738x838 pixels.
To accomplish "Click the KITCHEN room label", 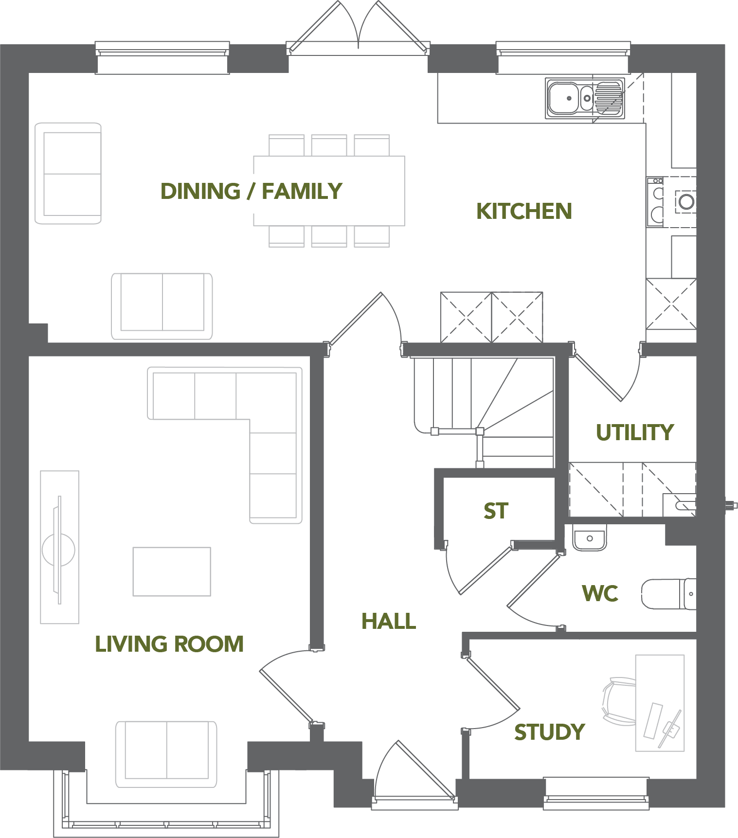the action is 524,211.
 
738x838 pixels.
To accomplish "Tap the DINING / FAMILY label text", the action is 252,191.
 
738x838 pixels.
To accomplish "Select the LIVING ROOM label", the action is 169,644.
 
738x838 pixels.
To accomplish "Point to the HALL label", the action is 389,621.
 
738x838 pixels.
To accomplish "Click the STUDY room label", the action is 550,732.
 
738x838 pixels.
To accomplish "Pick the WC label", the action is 600,593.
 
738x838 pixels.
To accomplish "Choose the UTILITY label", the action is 635,432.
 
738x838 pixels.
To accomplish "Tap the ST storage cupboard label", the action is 496,511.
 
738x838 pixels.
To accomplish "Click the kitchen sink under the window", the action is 585,98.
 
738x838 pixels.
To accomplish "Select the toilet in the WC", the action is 668,594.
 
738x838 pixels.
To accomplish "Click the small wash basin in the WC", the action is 590,537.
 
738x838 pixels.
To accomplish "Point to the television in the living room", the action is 59,550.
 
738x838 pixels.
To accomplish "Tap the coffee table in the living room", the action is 172,571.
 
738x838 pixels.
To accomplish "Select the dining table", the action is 329,191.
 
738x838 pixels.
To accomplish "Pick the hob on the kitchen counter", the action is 655,202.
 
